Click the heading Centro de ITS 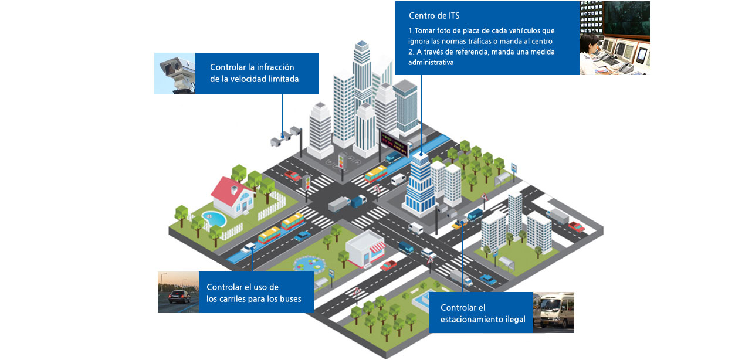(434, 16)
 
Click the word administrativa (431, 62)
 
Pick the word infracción (274, 67)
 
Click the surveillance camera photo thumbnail (175, 73)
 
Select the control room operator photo (614, 38)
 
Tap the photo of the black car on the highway (178, 292)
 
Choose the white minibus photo (553, 313)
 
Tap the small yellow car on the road (457, 225)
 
